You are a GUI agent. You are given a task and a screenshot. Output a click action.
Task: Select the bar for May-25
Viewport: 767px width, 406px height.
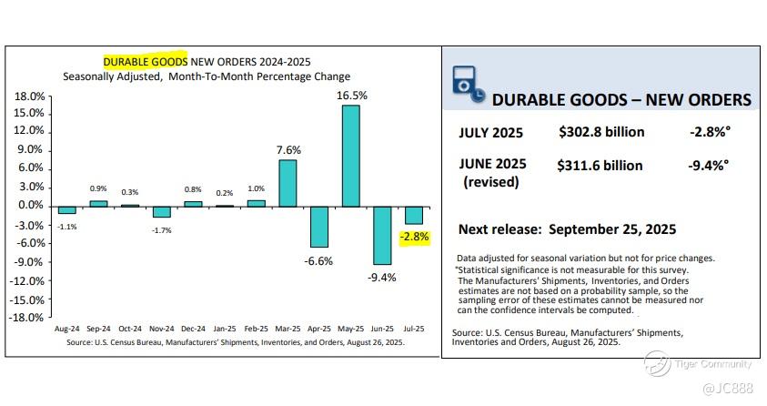pos(350,155)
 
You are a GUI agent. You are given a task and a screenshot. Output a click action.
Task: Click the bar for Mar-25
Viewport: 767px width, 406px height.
pos(288,182)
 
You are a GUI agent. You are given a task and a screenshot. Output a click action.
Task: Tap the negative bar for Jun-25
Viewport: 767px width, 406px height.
pos(382,235)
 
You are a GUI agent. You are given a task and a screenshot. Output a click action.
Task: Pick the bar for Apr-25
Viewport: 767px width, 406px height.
pos(319,227)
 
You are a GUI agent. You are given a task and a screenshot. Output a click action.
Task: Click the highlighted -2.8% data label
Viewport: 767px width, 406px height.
pos(413,238)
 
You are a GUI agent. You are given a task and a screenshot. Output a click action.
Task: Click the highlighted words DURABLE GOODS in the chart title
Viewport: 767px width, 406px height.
pos(146,61)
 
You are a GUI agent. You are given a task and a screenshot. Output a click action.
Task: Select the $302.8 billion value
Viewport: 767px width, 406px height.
pos(601,132)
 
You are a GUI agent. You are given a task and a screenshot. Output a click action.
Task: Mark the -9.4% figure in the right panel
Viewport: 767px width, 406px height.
pos(710,166)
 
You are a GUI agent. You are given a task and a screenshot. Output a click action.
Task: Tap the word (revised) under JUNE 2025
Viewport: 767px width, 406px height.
pos(491,181)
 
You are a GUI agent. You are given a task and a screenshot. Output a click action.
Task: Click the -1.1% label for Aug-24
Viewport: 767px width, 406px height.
pos(67,225)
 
